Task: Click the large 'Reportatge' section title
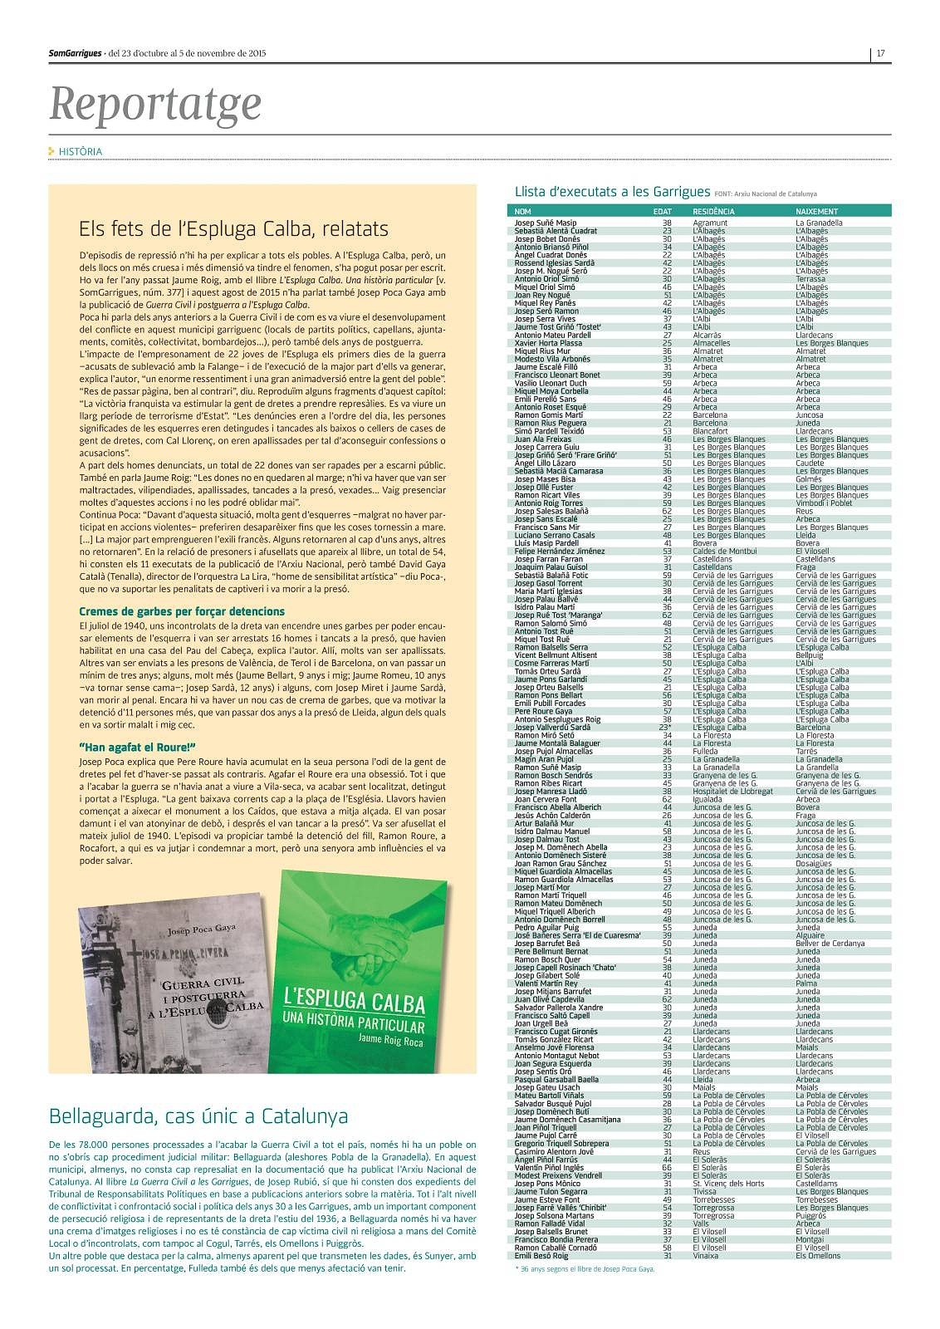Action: pyautogui.click(x=155, y=103)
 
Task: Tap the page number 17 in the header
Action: pyautogui.click(x=881, y=54)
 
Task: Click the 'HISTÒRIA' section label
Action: pyautogui.click(x=80, y=152)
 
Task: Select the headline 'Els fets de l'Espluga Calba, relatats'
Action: pyautogui.click(x=233, y=228)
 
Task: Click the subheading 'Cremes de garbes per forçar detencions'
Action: pyautogui.click(x=182, y=611)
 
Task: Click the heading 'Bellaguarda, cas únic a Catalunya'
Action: pyautogui.click(x=198, y=1115)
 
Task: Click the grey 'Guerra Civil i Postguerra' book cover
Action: pyautogui.click(x=173, y=980)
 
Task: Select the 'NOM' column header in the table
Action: pyautogui.click(x=522, y=212)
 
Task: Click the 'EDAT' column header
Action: pyautogui.click(x=663, y=212)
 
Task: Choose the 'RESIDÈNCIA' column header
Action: pyautogui.click(x=713, y=212)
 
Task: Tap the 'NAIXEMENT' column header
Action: pyautogui.click(x=816, y=212)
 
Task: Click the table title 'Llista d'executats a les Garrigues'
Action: pyautogui.click(x=612, y=192)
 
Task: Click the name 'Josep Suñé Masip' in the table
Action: pyautogui.click(x=545, y=223)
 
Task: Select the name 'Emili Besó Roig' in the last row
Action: pyautogui.click(x=541, y=1255)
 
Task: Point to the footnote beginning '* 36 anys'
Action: pyautogui.click(x=585, y=1268)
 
